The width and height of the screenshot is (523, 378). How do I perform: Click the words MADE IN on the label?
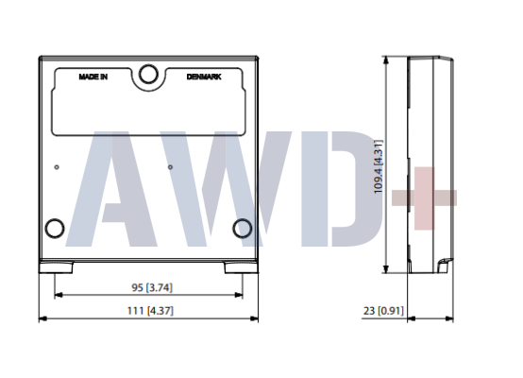click(93, 77)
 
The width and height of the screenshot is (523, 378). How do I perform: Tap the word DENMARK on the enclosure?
click(204, 77)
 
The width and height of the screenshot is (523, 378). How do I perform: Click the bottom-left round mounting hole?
click(55, 227)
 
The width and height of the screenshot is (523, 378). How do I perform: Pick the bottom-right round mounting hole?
click(242, 227)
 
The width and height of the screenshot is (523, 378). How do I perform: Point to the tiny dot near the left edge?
click(58, 168)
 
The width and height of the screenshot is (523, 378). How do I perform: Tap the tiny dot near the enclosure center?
click(170, 168)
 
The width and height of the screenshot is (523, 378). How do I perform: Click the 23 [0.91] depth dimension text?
click(381, 310)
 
